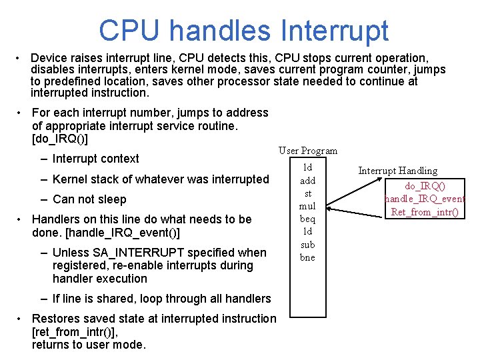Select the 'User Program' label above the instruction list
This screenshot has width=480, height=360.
(308, 151)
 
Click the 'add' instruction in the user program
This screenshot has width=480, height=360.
(307, 181)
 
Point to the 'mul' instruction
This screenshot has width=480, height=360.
(307, 206)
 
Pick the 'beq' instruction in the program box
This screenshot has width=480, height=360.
(307, 219)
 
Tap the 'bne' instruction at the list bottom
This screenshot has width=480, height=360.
(307, 257)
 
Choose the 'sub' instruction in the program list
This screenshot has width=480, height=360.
(307, 245)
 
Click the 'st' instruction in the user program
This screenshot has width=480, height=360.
(307, 193)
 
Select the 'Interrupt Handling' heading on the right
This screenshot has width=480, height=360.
(398, 171)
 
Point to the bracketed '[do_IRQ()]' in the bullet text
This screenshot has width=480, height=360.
(60, 139)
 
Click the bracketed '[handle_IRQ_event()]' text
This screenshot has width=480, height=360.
(106, 233)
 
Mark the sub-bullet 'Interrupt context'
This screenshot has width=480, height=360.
(95, 159)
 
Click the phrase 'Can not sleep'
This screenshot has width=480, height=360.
(89, 199)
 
